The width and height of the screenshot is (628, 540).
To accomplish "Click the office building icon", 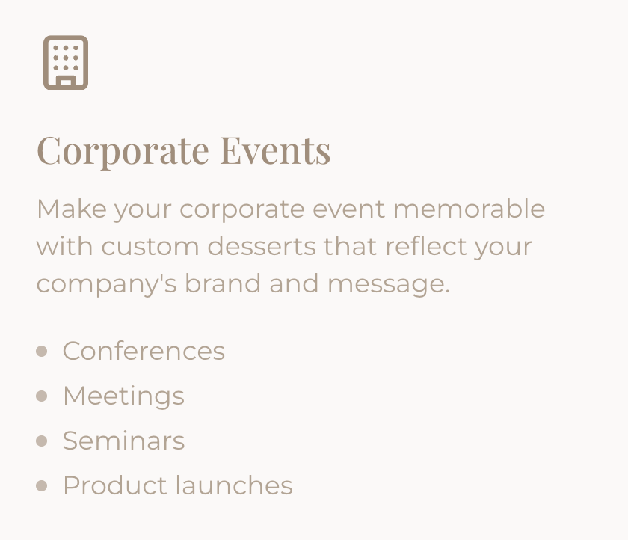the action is click(x=66, y=63).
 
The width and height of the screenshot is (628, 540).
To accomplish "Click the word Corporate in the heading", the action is click(x=123, y=151).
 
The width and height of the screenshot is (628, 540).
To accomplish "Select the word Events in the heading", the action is click(x=276, y=150).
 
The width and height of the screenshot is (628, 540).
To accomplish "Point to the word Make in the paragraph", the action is click(x=72, y=209).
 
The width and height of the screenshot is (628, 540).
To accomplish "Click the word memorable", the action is click(x=469, y=209).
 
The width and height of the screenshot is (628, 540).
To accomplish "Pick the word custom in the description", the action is click(x=150, y=246).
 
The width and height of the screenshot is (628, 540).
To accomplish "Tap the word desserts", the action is click(x=262, y=246).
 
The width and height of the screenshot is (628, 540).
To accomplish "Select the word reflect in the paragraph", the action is click(x=426, y=245).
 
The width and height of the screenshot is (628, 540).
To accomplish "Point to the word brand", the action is click(x=223, y=283).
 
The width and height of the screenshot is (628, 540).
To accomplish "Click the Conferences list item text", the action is click(x=144, y=351).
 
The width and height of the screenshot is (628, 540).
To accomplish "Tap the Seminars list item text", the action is click(x=124, y=441).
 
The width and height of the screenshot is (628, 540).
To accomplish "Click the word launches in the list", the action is click(x=234, y=485).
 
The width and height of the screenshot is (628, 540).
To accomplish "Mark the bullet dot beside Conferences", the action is click(x=42, y=352).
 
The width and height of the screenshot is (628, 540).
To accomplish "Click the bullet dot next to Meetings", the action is click(x=42, y=396).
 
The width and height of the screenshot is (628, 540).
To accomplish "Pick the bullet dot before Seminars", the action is click(x=42, y=441).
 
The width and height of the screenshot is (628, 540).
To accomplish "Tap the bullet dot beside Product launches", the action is click(x=42, y=486).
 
